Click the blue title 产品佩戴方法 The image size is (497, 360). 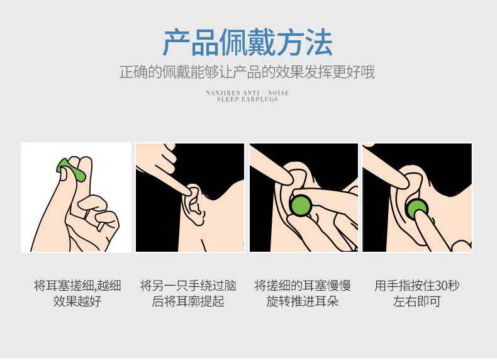point(248,43)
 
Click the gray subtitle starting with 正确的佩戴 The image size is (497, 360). point(247,72)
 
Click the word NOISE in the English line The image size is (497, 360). point(278,93)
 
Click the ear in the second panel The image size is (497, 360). point(196,204)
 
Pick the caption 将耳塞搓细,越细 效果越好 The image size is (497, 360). point(77,293)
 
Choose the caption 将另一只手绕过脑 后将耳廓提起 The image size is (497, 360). point(188,293)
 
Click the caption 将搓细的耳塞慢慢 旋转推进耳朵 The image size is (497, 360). point(303,293)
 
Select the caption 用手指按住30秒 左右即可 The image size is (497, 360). point(417,293)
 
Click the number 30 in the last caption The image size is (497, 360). point(440,286)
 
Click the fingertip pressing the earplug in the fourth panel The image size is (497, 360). point(420,216)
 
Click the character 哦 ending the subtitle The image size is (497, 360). point(368,72)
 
